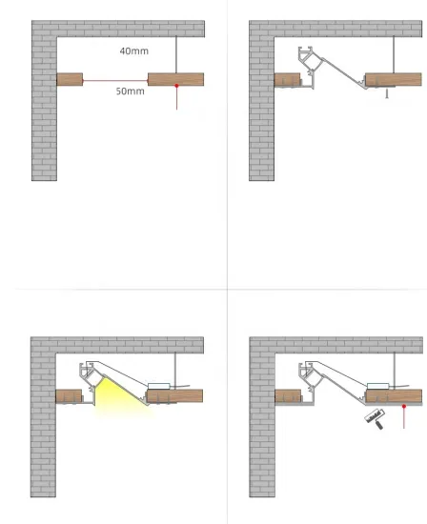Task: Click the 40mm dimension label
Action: point(133,50)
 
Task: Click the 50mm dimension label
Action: point(130,91)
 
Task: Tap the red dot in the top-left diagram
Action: point(177,87)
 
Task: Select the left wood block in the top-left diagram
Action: point(70,79)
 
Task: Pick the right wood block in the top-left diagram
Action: point(175,78)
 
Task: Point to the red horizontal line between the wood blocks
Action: point(115,80)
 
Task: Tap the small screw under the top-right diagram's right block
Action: point(386,94)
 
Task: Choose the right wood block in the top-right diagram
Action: point(393,79)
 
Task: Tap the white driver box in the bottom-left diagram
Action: point(159,386)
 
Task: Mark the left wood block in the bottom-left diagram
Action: point(69,395)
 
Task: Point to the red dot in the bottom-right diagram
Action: point(404,406)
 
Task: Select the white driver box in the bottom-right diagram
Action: point(378,386)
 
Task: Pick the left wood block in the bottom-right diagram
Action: point(287,395)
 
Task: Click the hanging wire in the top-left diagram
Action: point(177,54)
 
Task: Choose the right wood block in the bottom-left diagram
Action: point(177,395)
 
